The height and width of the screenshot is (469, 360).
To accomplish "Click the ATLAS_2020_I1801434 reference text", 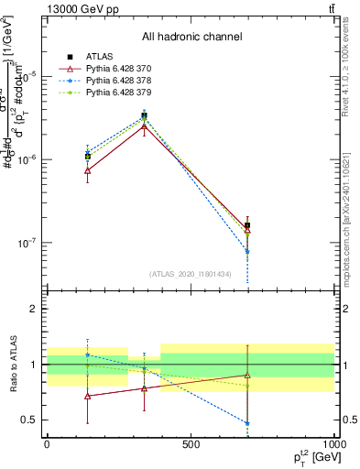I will click(x=191, y=274).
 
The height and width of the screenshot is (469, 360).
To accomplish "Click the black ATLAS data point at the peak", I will click(x=145, y=116).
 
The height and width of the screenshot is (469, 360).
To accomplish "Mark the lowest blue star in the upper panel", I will click(x=247, y=251).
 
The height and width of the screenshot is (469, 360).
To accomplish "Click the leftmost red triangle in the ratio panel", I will click(x=87, y=396).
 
